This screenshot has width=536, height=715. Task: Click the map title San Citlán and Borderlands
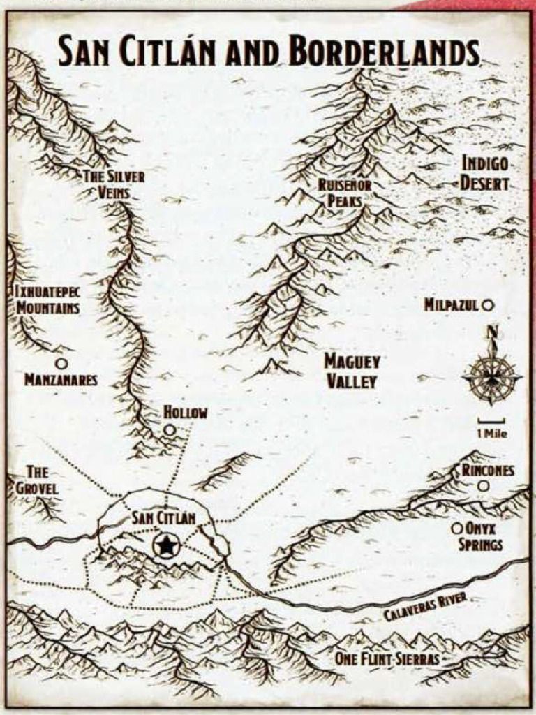tap(269, 52)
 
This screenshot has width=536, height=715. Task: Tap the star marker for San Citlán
tap(166, 546)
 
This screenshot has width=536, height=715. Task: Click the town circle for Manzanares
tap(61, 363)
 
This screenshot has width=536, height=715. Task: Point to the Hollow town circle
tap(170, 431)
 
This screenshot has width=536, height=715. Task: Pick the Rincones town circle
tap(484, 485)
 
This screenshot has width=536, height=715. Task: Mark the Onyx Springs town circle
tap(457, 529)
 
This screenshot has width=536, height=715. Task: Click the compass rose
tap(492, 377)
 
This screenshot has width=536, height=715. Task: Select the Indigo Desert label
tap(485, 174)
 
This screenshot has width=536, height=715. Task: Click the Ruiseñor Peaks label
tap(344, 193)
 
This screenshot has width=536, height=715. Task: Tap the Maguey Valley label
tap(352, 371)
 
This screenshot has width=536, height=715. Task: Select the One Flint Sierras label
tap(388, 658)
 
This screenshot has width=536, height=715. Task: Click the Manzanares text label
tap(61, 381)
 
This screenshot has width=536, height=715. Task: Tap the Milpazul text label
tap(451, 305)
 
